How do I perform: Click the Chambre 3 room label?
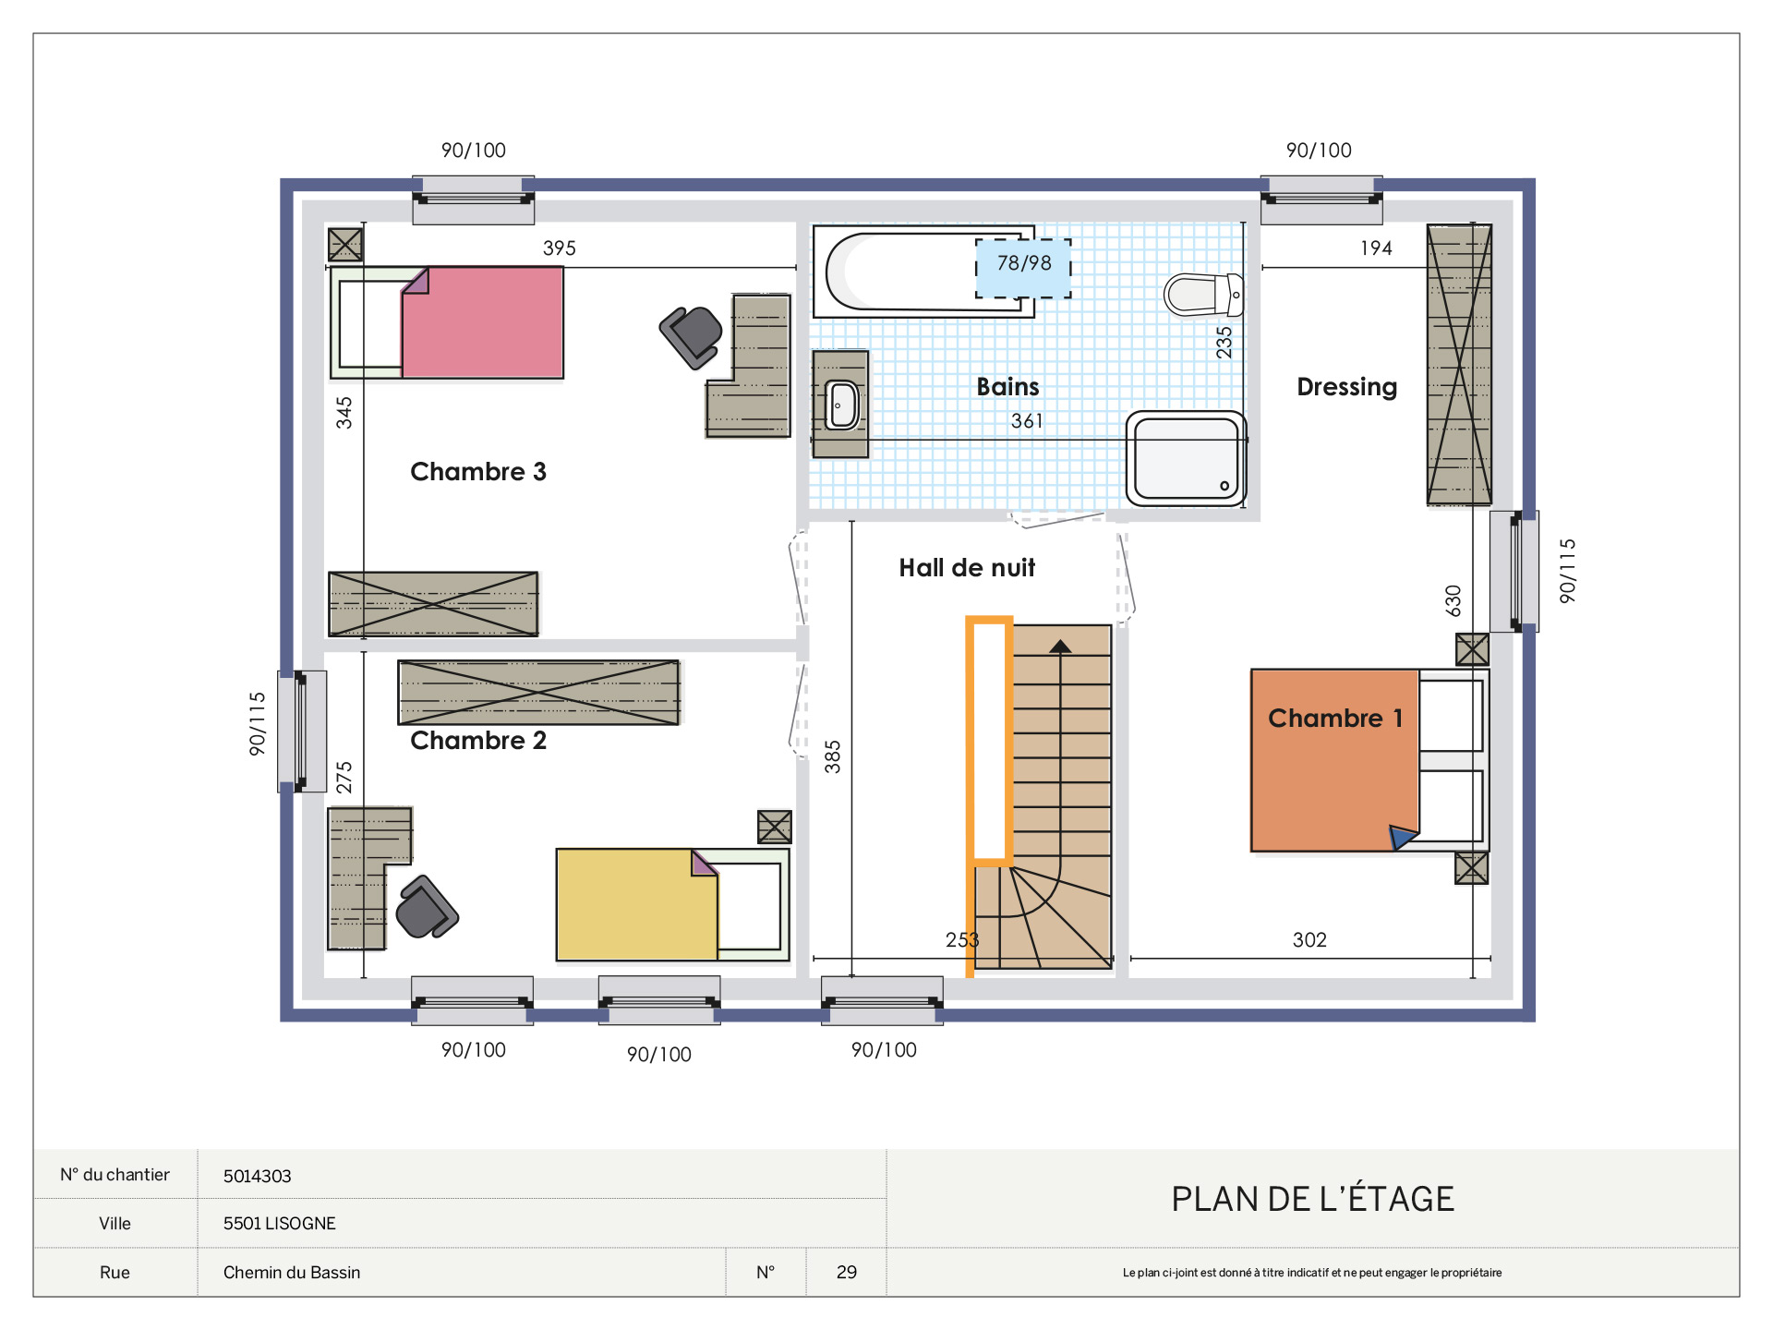478,472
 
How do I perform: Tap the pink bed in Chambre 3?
447,322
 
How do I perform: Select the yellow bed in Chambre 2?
672,905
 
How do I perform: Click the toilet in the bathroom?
1203,295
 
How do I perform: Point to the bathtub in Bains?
923,272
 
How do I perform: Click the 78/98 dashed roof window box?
1023,268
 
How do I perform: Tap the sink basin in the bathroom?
842,405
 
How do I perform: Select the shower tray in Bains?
1187,458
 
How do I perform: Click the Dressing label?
1346,387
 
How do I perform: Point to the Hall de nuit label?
967,568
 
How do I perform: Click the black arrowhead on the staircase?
1060,647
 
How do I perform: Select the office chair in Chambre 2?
427,907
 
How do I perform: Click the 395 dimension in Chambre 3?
560,248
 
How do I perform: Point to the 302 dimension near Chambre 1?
1309,940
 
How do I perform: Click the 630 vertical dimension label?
1453,601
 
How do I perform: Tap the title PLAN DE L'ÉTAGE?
1312,1199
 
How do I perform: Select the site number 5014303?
257,1176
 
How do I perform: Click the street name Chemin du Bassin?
292,1272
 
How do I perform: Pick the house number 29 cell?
847,1272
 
